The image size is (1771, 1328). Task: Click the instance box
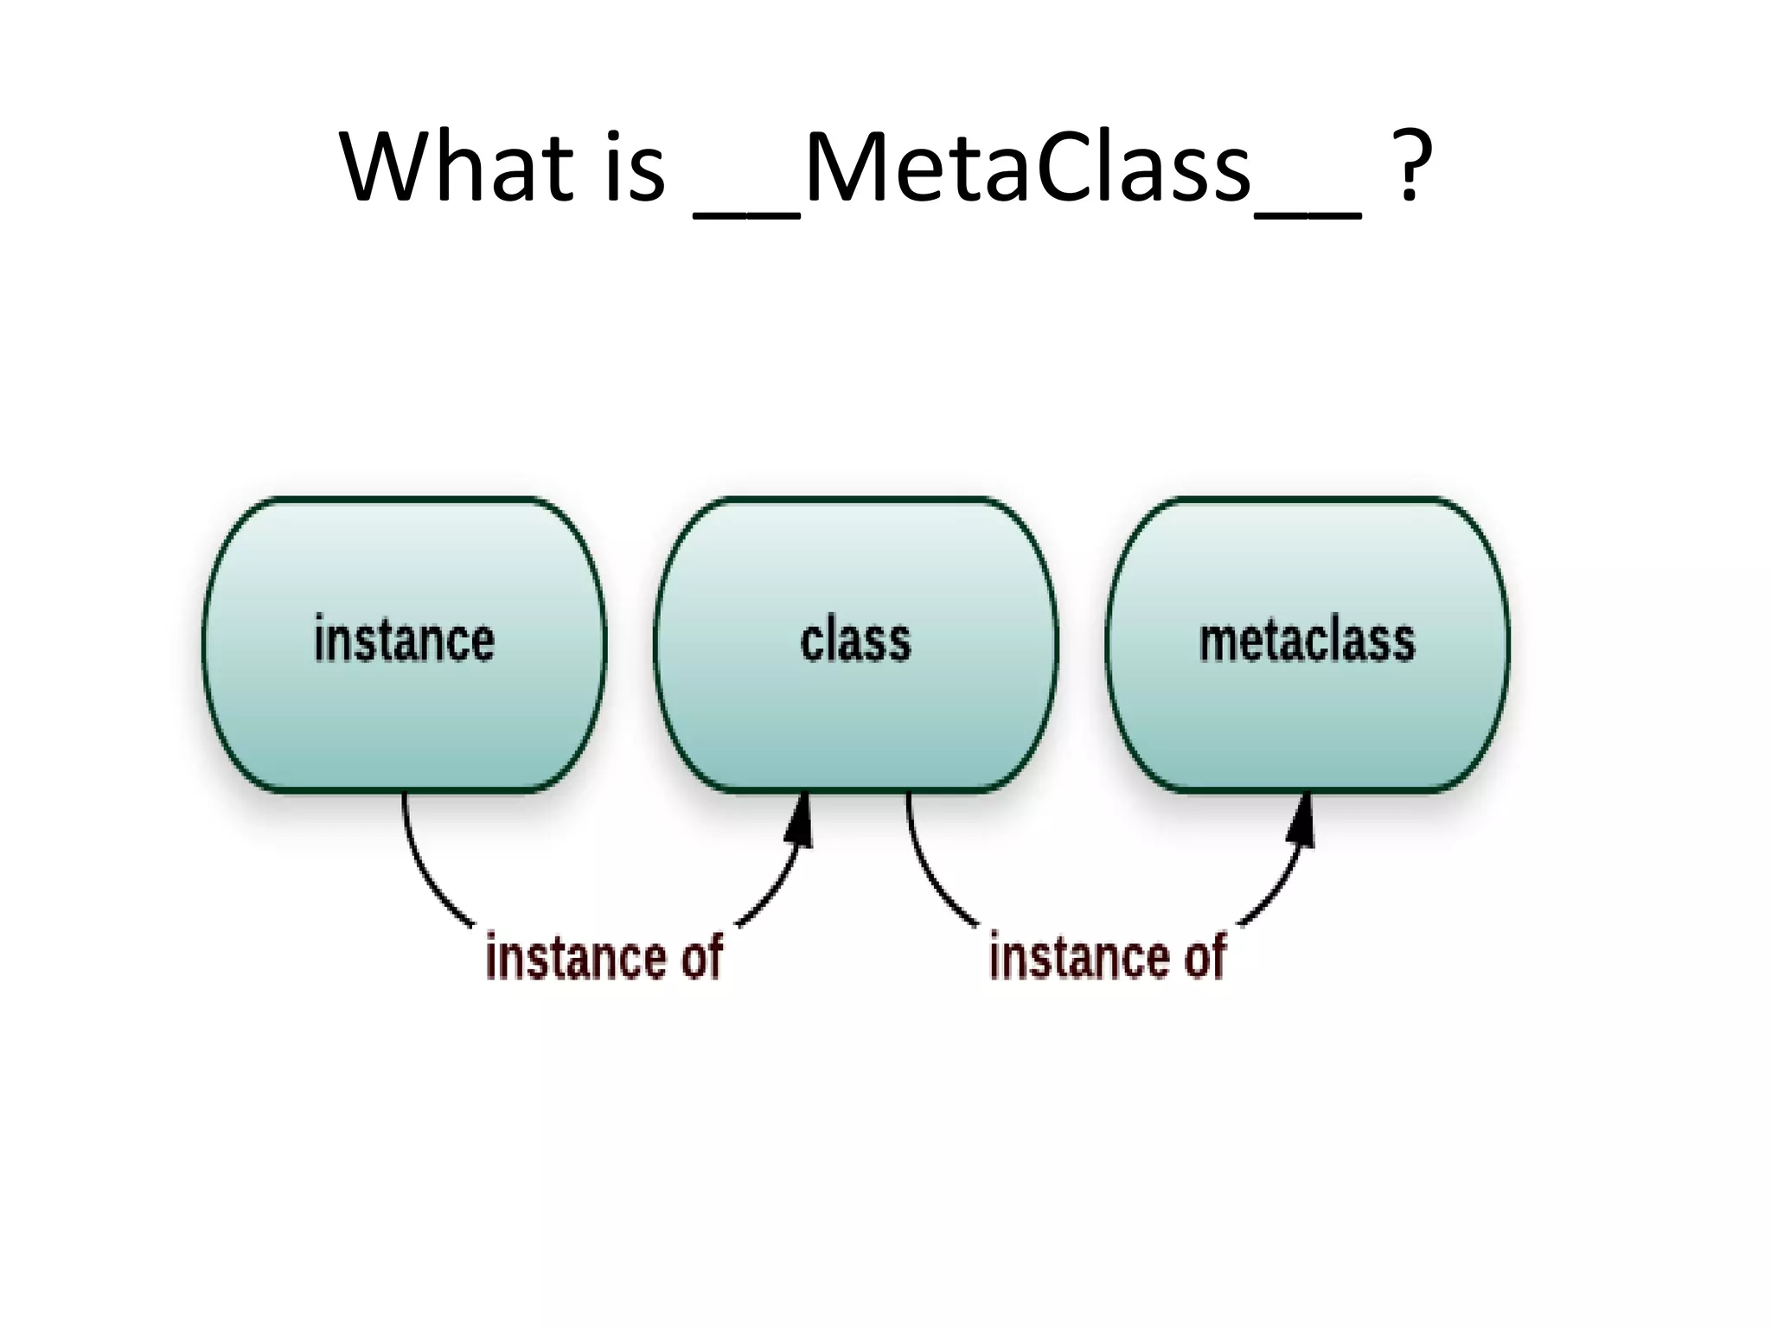(x=405, y=709)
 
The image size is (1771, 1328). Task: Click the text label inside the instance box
(x=405, y=641)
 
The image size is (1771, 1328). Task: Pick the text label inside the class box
(x=855, y=641)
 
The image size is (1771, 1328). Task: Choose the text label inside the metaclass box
(x=1307, y=641)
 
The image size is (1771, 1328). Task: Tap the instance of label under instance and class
(x=604, y=957)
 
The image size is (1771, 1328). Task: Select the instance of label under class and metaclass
(x=1107, y=957)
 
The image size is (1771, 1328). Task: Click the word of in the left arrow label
(x=700, y=957)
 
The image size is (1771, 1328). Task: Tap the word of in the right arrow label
(x=1204, y=957)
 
